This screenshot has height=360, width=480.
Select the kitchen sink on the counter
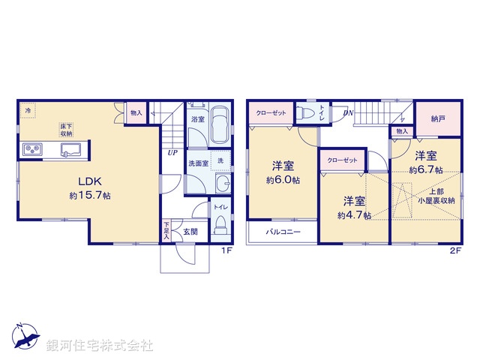tap(72, 151)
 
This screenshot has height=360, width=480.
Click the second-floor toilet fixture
tap(306, 113)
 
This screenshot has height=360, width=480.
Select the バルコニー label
tap(283, 232)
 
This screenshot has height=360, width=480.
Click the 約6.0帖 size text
tap(282, 181)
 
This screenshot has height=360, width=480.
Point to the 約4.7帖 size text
tap(353, 215)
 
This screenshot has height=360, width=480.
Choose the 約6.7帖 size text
tap(426, 170)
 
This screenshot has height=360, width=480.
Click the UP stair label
tap(172, 151)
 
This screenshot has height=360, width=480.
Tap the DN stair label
tap(347, 113)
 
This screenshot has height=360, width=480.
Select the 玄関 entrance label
tap(190, 232)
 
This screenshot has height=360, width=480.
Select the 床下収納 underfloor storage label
tap(67, 130)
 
